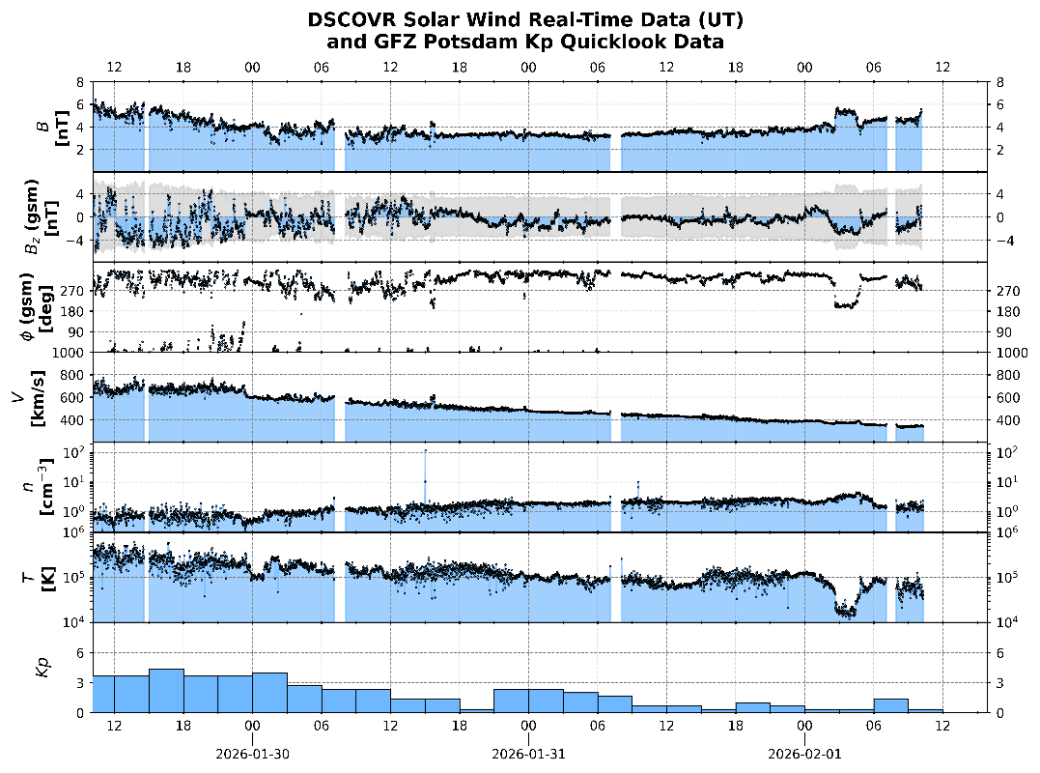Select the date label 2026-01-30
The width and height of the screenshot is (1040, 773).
coord(251,754)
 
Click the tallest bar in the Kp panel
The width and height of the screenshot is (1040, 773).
coord(166,691)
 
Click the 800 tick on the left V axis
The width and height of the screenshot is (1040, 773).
coord(77,375)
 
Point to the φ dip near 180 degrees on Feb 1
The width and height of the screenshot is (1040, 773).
coord(846,304)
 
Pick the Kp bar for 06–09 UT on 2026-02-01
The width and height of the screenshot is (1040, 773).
coord(891,705)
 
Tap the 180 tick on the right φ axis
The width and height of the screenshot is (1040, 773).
coord(1004,311)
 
